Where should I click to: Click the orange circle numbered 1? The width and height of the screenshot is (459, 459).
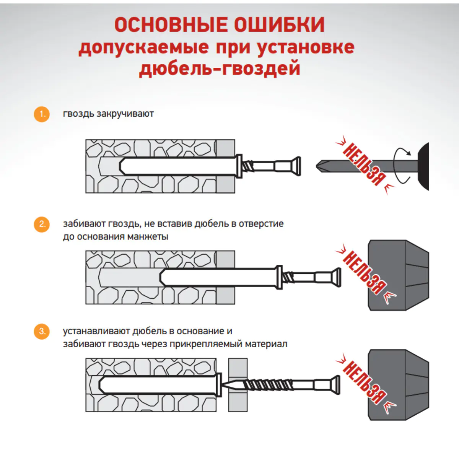click(x=42, y=114)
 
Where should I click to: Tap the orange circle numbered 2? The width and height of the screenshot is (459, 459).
click(x=42, y=225)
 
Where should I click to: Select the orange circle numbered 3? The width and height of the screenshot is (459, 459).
click(x=42, y=331)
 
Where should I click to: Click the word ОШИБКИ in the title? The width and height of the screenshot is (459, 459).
click(x=279, y=25)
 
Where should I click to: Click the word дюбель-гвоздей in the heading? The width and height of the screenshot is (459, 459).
click(x=220, y=68)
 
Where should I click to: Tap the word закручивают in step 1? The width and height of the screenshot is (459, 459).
click(x=125, y=114)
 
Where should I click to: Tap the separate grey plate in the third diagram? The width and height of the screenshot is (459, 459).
click(x=238, y=385)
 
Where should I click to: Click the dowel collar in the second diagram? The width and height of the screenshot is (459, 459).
click(x=279, y=277)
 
